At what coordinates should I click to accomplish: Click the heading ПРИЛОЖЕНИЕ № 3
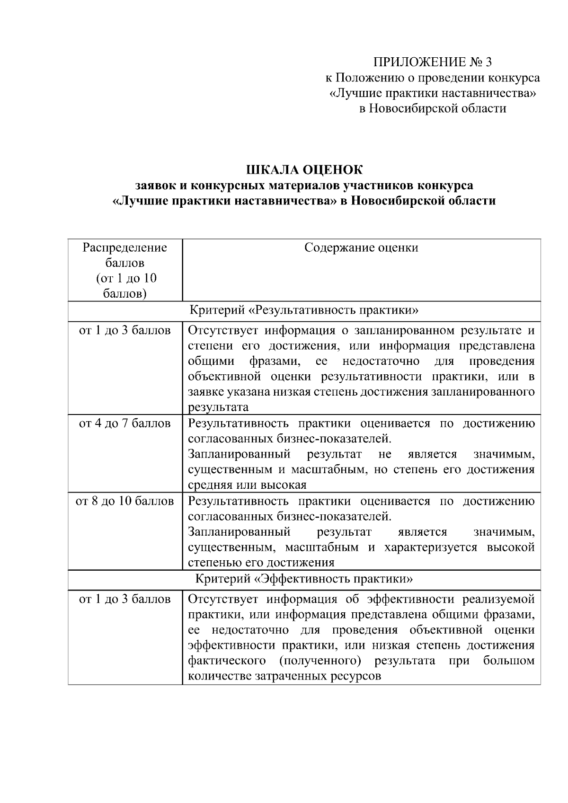(x=433, y=62)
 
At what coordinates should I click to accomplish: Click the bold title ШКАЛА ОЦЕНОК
(x=304, y=169)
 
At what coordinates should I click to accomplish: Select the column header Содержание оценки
(x=361, y=248)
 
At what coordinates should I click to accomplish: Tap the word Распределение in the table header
(x=125, y=248)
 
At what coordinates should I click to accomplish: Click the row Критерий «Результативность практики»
(x=304, y=311)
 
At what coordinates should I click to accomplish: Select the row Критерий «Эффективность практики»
(x=304, y=579)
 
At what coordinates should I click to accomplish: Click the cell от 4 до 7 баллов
(x=125, y=423)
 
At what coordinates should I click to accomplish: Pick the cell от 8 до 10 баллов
(x=125, y=501)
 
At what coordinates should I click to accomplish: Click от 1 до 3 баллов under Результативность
(x=125, y=330)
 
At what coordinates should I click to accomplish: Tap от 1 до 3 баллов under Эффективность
(x=125, y=599)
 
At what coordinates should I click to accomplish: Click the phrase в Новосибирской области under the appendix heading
(x=433, y=108)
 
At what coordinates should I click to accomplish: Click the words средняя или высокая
(x=247, y=485)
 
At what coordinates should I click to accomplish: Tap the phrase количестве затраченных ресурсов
(x=284, y=676)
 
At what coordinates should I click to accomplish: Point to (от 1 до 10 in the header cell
(x=126, y=278)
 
